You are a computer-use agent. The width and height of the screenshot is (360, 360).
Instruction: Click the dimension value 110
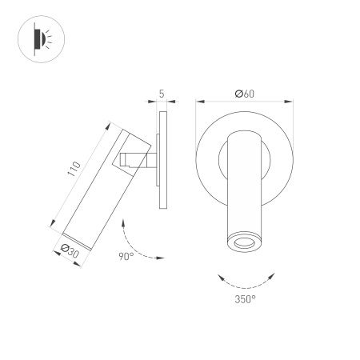tap(74, 170)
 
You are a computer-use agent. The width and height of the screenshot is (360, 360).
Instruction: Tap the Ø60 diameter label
tap(244, 94)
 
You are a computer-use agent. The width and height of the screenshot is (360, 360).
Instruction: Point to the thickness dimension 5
tap(162, 94)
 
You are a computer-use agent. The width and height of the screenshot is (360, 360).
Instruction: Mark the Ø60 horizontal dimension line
tap(244, 102)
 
